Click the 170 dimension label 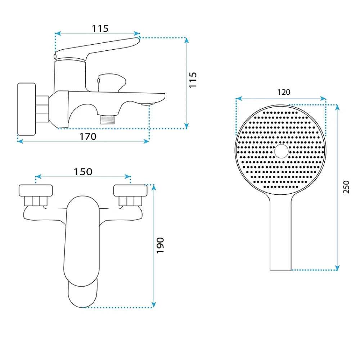(x=88, y=136)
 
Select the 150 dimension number (x=83, y=172)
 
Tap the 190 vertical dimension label (x=160, y=246)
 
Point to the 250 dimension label (x=346, y=187)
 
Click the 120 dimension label (x=284, y=92)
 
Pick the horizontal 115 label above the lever (x=100, y=29)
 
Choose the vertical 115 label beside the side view (x=193, y=80)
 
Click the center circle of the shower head (x=281, y=151)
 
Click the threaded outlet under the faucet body (x=107, y=120)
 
